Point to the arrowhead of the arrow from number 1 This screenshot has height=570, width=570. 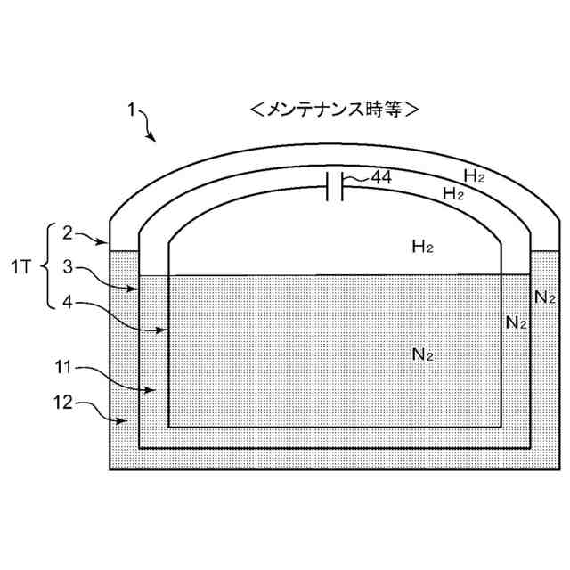pos(155,141)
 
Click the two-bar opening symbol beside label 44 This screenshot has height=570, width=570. pos(335,187)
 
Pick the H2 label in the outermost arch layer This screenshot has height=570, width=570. pos(475,175)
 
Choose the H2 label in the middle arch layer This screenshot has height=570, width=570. pos(453,193)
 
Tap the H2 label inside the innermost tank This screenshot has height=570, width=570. pos(422,245)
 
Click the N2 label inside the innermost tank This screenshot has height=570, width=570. pos(423,354)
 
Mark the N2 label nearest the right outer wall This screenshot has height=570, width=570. pos(544,297)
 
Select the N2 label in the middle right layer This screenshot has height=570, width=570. pos(516,322)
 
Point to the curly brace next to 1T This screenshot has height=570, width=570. pos(52,266)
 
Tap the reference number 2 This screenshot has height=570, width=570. pos(68,232)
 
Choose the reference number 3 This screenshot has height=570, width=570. pos(68,266)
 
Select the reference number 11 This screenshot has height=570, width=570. pos(65,366)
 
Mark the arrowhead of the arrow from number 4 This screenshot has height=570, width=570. pos(167,330)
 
